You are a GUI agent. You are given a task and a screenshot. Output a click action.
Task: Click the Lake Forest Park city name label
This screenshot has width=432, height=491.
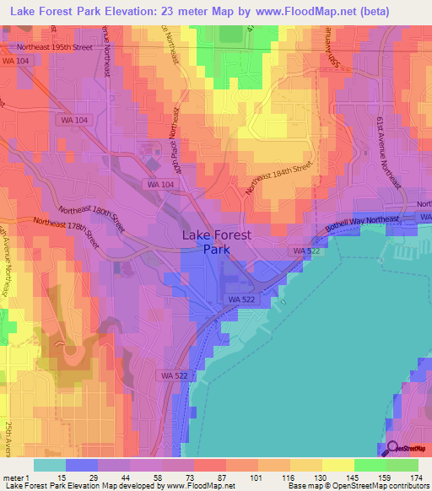point(216,242)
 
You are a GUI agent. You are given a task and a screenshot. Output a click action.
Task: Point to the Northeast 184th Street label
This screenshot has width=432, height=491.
point(279,178)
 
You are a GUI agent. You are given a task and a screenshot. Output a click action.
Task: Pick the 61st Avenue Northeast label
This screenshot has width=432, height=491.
point(394,148)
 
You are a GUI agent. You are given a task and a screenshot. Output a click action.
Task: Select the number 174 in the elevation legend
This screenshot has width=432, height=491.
point(417,477)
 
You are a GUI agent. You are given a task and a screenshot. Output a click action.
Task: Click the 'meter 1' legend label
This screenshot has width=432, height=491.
point(16,477)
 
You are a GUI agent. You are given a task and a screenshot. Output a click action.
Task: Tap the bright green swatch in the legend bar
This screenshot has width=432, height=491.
point(370,464)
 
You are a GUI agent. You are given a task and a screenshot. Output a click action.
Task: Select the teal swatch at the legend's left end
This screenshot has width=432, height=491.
point(50,464)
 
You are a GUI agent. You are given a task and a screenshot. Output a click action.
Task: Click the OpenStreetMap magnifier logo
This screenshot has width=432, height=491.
point(392,449)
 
